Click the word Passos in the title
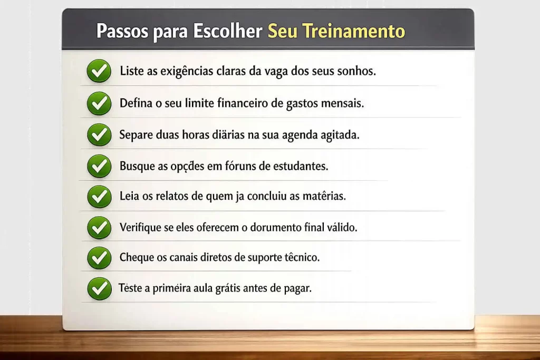point(122,31)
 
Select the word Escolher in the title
point(228,31)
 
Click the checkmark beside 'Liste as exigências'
point(99,71)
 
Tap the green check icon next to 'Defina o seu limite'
point(99,103)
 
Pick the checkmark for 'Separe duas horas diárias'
point(99,134)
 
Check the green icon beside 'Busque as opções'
point(99,166)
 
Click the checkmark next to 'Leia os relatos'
point(99,197)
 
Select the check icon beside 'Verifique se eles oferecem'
point(99,228)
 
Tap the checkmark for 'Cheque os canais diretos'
point(99,258)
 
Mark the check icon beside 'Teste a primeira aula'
point(99,289)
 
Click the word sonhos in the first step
point(358,71)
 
